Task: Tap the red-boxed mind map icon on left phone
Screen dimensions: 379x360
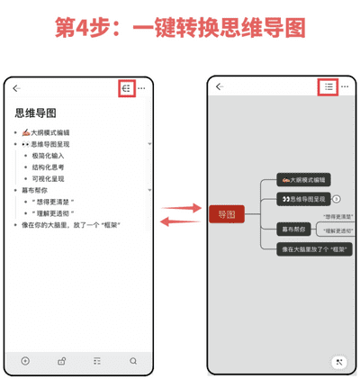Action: click(127, 88)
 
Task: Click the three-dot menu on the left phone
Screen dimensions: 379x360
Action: click(143, 88)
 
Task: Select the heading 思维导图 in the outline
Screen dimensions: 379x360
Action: click(36, 113)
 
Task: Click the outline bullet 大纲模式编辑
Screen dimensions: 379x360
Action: click(52, 132)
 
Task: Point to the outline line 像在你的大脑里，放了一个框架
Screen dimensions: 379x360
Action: click(72, 225)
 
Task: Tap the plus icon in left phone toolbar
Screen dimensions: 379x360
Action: click(25, 361)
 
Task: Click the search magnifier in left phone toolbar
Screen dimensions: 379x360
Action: click(133, 361)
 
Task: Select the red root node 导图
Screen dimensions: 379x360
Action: click(226, 214)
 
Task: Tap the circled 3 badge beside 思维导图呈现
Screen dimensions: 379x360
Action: click(336, 199)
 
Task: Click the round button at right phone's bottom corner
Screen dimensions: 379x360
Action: click(339, 362)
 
